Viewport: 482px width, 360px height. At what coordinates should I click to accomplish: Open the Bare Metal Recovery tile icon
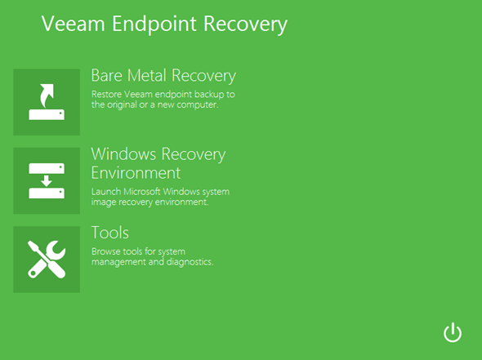[47, 102]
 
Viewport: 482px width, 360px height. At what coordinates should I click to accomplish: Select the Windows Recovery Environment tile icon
[47, 180]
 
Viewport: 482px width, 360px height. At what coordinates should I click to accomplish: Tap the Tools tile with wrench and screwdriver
[47, 260]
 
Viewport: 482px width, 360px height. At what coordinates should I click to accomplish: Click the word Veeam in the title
[74, 24]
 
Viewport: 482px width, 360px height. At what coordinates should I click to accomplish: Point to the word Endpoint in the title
[154, 24]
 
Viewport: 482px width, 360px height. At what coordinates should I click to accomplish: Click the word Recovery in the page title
[245, 24]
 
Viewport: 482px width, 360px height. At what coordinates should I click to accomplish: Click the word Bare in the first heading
[107, 75]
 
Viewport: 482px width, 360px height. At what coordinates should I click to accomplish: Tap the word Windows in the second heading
[123, 154]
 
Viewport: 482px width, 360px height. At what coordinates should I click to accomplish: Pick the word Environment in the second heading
[136, 173]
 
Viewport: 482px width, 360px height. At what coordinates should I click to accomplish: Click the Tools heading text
[110, 233]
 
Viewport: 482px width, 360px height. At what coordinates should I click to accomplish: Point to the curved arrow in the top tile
[46, 95]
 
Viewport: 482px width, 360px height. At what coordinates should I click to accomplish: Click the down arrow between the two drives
[47, 181]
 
